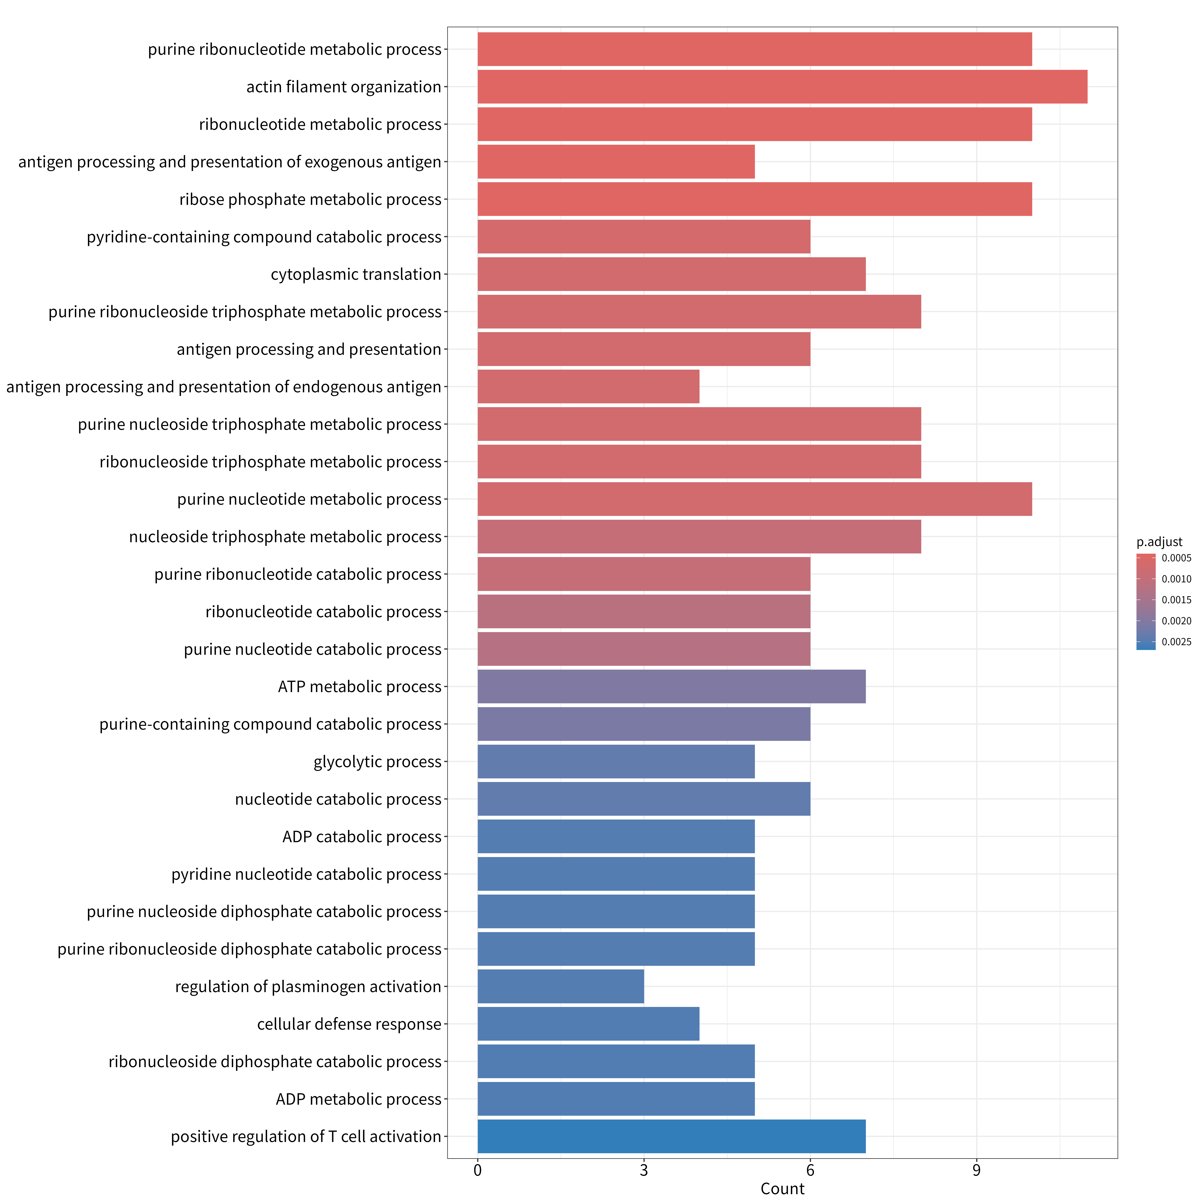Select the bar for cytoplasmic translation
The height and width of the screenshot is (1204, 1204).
tap(672, 274)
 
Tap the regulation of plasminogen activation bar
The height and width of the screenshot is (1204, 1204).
tap(561, 986)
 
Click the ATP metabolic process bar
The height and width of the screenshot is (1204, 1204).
tap(672, 687)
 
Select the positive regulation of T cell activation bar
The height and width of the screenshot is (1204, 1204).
tap(672, 1137)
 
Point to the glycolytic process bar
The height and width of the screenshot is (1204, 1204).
tap(616, 762)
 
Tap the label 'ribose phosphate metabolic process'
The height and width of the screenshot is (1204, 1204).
tap(310, 199)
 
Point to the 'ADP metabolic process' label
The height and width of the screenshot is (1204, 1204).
tap(359, 1099)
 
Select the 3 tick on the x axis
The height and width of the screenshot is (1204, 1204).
tap(644, 1170)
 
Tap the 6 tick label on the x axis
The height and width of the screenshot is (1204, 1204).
tap(810, 1170)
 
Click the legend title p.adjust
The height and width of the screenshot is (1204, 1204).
tap(1159, 542)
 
